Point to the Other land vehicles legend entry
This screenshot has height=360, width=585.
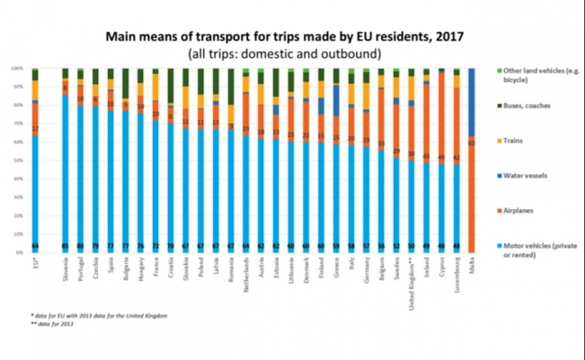[x=529, y=74]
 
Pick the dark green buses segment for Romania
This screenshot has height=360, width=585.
[x=231, y=86]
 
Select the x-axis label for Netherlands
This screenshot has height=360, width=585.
[x=246, y=274]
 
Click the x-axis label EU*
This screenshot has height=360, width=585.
[x=35, y=265]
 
